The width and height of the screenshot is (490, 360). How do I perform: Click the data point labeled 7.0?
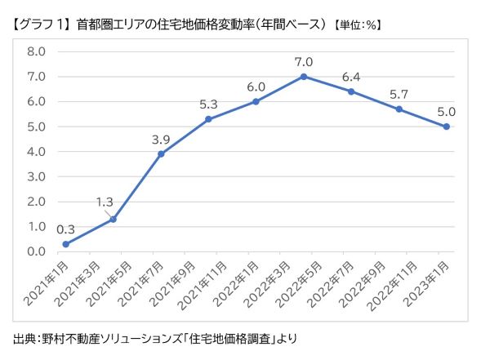pyautogui.click(x=304, y=77)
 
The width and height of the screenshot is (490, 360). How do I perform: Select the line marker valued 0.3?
pyautogui.click(x=65, y=244)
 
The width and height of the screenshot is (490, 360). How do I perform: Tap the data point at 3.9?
pyautogui.click(x=161, y=154)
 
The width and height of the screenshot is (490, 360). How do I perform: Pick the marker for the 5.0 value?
pyautogui.click(x=447, y=127)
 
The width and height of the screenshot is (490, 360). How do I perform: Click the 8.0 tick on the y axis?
pyautogui.click(x=37, y=51)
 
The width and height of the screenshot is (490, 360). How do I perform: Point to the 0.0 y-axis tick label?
pyautogui.click(x=37, y=251)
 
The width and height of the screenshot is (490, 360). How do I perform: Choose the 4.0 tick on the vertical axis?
pyautogui.click(x=37, y=152)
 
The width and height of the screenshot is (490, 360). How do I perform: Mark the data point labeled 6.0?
pyautogui.click(x=256, y=101)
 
